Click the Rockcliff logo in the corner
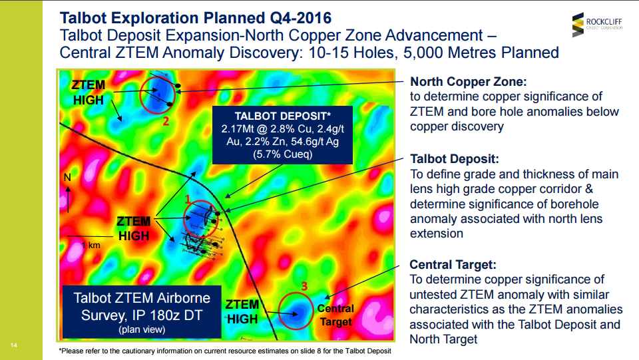(597, 25)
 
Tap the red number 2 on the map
(166, 121)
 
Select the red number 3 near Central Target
(304, 286)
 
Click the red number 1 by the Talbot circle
(188, 199)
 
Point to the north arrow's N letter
(67, 177)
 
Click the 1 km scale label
(91, 245)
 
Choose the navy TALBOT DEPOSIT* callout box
(282, 135)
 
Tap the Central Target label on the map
(335, 315)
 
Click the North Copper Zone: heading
(468, 81)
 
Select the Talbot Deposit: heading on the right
(455, 159)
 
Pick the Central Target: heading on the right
(453, 265)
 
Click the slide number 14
(14, 345)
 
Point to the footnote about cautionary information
(225, 351)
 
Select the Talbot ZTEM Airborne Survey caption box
(142, 311)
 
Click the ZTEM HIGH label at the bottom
(242, 311)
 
